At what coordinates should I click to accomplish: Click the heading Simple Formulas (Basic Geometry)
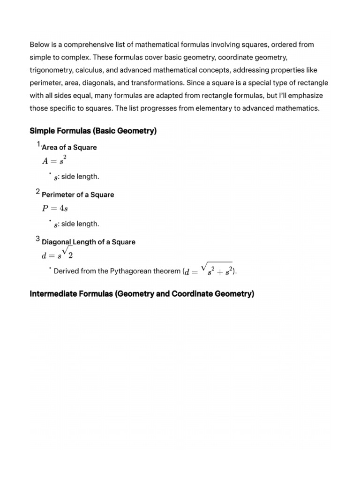point(93,131)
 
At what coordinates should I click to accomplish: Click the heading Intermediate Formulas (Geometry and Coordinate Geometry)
point(142,294)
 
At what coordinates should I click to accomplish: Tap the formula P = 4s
point(55,208)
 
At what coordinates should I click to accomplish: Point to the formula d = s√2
point(57,256)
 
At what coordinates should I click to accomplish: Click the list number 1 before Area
point(39,144)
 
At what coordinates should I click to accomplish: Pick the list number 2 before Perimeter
point(37,192)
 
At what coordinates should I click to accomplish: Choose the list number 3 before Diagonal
point(37,239)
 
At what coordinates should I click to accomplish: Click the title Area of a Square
point(69,148)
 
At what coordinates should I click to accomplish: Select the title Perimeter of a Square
point(78,195)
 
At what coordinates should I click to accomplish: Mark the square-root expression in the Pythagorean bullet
point(216,270)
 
